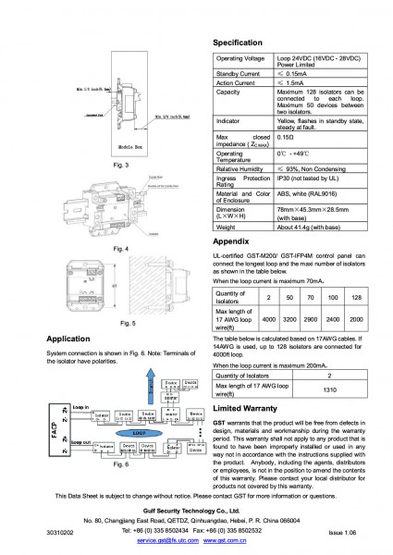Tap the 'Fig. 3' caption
coord(119,165)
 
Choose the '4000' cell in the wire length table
coord(268,319)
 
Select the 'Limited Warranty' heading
coord(248,408)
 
